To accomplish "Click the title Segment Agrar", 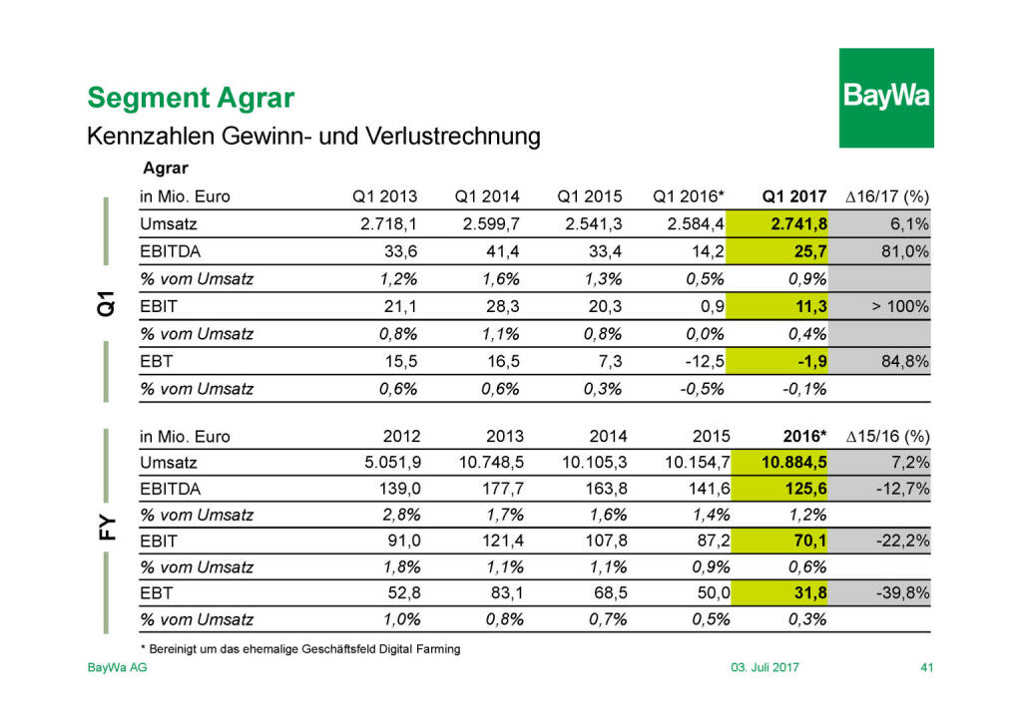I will pos(191,98).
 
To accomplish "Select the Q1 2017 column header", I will pos(795,196).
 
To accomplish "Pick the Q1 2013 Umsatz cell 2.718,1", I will pos(388,223).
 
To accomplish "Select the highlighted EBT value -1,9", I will pos(808,361).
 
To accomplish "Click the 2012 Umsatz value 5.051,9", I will pos(388,463).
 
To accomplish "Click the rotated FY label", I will pos(107,528).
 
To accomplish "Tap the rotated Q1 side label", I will pos(107,304).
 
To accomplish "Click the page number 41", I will pos(925,667).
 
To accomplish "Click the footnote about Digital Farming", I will pos(299,649).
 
